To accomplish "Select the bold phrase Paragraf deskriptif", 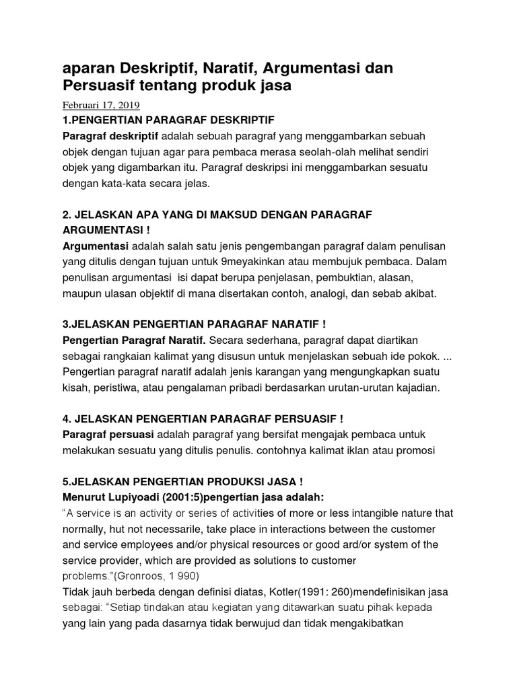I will click(x=100, y=137).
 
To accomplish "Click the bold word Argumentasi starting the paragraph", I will click(x=95, y=246).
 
